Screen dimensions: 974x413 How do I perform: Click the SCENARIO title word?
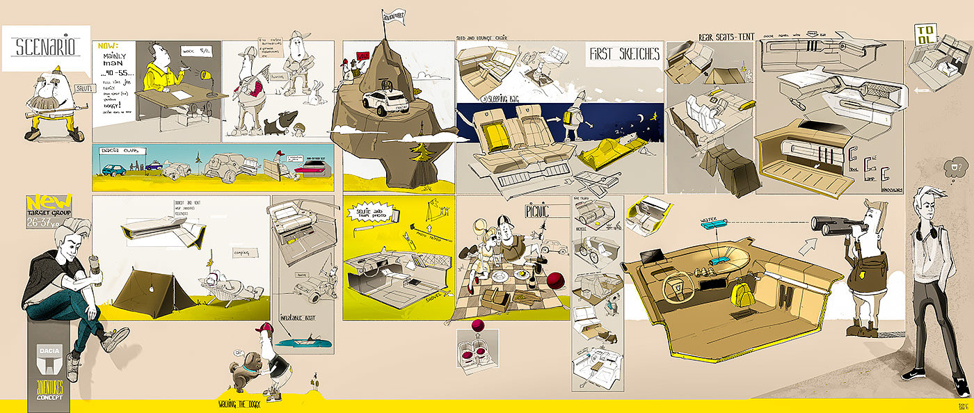point(46,48)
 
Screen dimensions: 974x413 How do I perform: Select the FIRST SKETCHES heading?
point(623,55)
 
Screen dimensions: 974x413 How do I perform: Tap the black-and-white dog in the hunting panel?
point(280,122)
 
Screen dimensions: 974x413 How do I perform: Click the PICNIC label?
point(538,211)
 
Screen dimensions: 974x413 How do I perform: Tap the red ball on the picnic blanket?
point(554,280)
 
